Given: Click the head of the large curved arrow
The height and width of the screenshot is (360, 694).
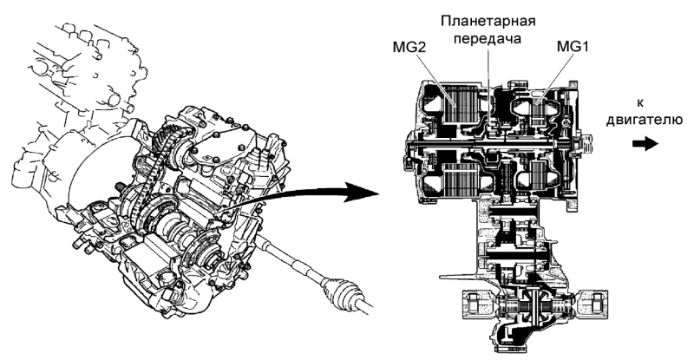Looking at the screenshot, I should (356, 191).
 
